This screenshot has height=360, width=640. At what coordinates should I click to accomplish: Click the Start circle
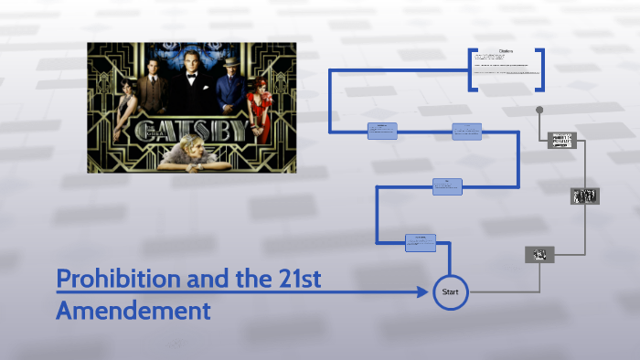[450, 292]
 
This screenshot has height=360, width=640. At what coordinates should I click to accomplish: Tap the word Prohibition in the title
[118, 280]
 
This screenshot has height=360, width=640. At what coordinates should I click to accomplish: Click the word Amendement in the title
[133, 311]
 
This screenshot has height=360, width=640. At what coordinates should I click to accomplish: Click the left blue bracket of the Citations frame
[471, 69]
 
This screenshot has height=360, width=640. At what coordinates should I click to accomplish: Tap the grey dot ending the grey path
[539, 110]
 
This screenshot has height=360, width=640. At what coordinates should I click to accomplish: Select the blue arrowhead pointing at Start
[422, 292]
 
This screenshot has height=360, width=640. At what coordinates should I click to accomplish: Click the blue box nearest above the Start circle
[421, 242]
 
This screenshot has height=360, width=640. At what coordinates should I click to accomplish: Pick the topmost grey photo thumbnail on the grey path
[561, 140]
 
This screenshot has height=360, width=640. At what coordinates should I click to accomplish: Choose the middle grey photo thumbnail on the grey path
[584, 196]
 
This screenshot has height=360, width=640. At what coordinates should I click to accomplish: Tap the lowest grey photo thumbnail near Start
[539, 254]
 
